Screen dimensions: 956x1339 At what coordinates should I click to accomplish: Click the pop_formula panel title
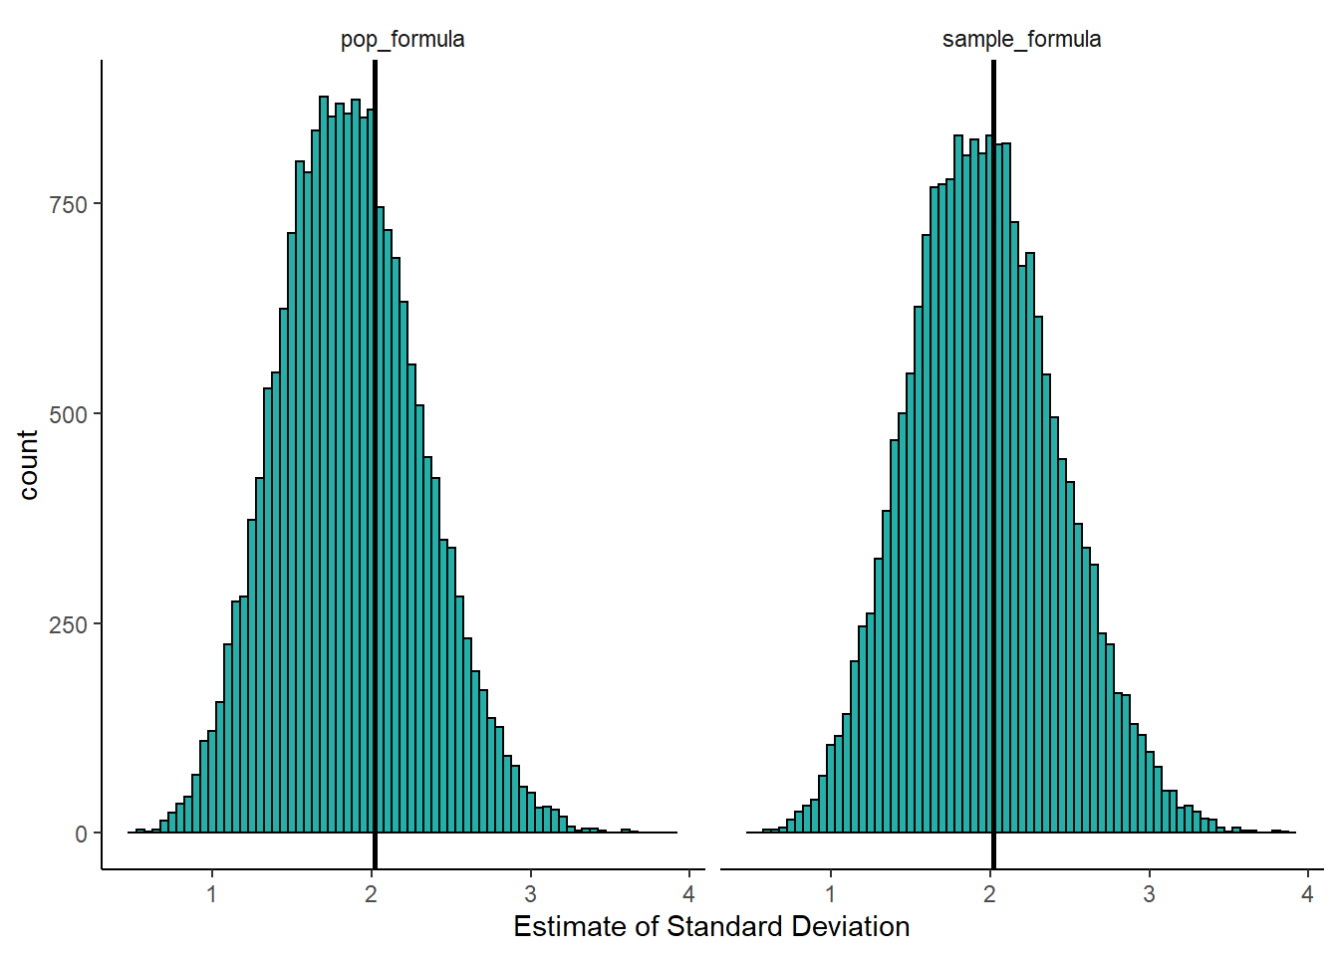pos(402,40)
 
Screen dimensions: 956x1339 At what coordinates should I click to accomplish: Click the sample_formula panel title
pos(1021,40)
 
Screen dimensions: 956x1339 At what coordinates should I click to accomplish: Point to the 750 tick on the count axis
pos(69,204)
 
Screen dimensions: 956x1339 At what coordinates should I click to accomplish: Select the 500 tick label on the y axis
pos(69,414)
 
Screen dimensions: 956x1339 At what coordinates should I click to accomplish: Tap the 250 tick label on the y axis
pos(69,624)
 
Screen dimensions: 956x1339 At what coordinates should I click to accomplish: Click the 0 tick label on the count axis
pos(82,835)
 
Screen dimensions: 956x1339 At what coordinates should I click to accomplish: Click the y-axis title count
pos(28,465)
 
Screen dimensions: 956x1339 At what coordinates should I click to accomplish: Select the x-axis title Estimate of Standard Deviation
pos(711,927)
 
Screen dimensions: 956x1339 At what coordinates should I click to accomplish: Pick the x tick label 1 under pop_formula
pos(212,894)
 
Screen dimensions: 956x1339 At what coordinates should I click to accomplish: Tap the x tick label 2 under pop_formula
pos(371,894)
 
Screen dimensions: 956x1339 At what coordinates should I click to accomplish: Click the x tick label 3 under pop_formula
pos(530,894)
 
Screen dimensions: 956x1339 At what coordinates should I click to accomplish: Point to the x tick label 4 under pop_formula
pos(688,894)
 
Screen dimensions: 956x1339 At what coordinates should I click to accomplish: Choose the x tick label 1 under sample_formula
pos(831,894)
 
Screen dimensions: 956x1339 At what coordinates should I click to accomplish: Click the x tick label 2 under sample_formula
pos(989,894)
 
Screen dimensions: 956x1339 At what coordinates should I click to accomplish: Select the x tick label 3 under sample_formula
pos(1149,894)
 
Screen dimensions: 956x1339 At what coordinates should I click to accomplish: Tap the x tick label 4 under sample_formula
pos(1307,894)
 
